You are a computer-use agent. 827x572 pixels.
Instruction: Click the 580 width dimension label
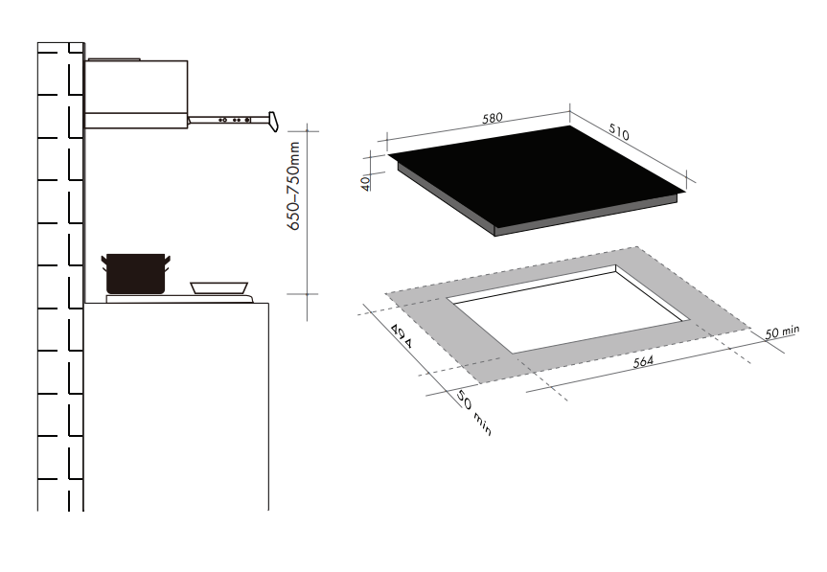pos(492,119)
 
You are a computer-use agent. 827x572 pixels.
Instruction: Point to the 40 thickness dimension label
pos(366,182)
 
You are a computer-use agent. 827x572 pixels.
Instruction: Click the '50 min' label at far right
pos(781,332)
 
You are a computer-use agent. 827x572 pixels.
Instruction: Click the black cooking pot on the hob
pos(135,276)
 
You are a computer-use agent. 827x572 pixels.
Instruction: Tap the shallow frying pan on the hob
pos(219,286)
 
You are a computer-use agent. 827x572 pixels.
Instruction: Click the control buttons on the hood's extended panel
pos(235,121)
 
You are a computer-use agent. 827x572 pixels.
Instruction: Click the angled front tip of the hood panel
pos(274,121)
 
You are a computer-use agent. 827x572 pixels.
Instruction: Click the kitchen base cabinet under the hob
pos(176,402)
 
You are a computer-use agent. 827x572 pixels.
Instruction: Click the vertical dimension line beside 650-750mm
pos(307,220)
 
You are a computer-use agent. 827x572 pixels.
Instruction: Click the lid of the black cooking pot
pos(135,256)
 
